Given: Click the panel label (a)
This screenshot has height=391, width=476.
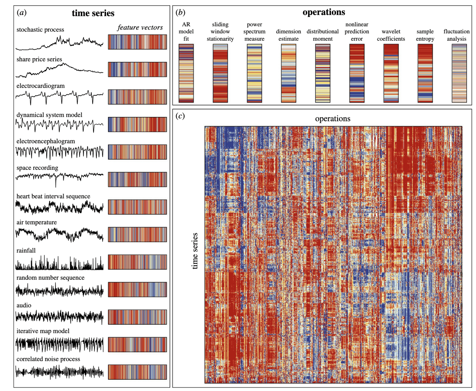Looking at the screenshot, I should pyautogui.click(x=21, y=12).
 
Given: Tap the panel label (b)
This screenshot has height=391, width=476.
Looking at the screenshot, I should pyautogui.click(x=180, y=12).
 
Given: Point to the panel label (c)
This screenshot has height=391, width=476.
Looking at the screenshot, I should pyautogui.click(x=180, y=116).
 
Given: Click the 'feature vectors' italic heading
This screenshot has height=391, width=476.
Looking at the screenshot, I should pyautogui.click(x=140, y=28).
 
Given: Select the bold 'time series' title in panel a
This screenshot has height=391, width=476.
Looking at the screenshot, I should pyautogui.click(x=93, y=13).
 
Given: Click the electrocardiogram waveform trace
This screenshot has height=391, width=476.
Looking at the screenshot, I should pyautogui.click(x=59, y=96).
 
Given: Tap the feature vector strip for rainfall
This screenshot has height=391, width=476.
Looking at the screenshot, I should pyautogui.click(x=137, y=262).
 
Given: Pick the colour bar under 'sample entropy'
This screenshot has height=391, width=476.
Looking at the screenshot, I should pyautogui.click(x=425, y=73).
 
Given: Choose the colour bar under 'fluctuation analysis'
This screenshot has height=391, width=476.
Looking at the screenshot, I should pyautogui.click(x=459, y=73).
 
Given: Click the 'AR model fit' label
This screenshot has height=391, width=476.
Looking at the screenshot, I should pyautogui.click(x=186, y=32).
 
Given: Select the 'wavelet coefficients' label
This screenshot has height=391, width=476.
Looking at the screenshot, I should pyautogui.click(x=391, y=35).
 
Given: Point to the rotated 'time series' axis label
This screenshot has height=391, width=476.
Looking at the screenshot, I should pyautogui.click(x=195, y=251).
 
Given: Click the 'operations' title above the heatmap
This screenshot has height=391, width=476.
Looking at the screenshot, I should pyautogui.click(x=333, y=119).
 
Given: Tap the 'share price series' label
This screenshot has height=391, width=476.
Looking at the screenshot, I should pyautogui.click(x=39, y=59).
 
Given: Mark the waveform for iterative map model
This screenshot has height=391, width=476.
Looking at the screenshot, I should pyautogui.click(x=59, y=344).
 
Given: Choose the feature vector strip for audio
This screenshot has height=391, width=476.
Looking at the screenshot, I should pyautogui.click(x=137, y=317).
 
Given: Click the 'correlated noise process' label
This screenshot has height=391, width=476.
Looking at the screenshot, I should pyautogui.click(x=48, y=359).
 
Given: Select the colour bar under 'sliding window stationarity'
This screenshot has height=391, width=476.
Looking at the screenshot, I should pyautogui.click(x=220, y=73).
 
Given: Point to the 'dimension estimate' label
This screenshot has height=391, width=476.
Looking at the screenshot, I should pyautogui.click(x=288, y=35).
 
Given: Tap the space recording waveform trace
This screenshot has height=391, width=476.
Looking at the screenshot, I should pyautogui.click(x=59, y=177).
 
